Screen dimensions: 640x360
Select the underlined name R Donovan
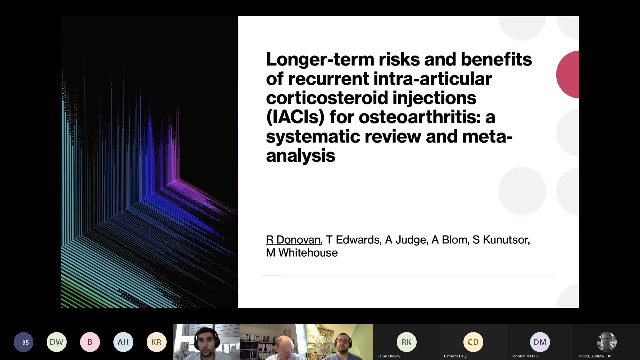pyautogui.click(x=293, y=240)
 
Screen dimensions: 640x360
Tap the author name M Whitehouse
pyautogui.click(x=302, y=253)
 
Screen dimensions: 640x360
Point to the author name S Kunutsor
pyautogui.click(x=500, y=240)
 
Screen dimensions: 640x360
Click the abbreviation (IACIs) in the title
pyautogui.click(x=295, y=117)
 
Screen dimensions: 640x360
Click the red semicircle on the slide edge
pyautogui.click(x=568, y=74)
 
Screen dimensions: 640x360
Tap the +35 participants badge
pyautogui.click(x=23, y=342)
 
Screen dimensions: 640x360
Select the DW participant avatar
pyautogui.click(x=57, y=342)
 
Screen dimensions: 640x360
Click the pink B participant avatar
pyautogui.click(x=90, y=342)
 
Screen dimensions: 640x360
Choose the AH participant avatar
pyautogui.click(x=123, y=342)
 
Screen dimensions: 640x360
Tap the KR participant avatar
pyautogui.click(x=157, y=342)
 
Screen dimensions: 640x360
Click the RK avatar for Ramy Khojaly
pyautogui.click(x=407, y=342)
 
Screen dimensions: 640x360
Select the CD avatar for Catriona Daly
pyautogui.click(x=473, y=342)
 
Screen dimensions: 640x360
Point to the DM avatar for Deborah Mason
pyautogui.click(x=540, y=342)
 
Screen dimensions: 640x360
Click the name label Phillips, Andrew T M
pyautogui.click(x=594, y=356)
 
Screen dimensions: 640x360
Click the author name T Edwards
pyautogui.click(x=353, y=240)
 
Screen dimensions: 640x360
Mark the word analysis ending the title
pyautogui.click(x=301, y=156)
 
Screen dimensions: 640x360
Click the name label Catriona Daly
pyautogui.click(x=455, y=356)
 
